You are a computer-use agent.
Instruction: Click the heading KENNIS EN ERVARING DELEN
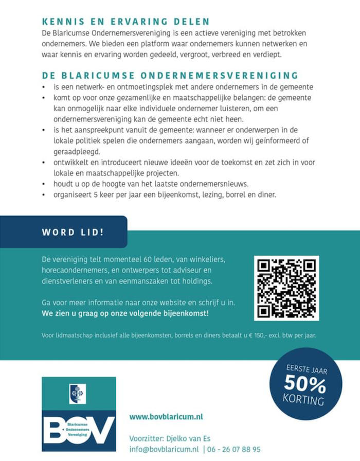click(126, 22)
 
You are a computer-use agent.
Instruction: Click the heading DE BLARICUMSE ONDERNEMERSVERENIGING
click(170, 76)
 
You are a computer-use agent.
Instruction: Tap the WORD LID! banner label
click(73, 232)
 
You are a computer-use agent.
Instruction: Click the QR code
click(286, 288)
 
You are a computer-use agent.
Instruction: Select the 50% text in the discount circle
click(304, 384)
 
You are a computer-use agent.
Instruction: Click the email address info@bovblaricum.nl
click(164, 449)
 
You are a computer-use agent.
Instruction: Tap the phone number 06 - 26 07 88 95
click(235, 449)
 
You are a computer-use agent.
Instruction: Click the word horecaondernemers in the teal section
click(77, 270)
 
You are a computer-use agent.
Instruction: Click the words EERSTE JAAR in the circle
click(307, 369)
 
